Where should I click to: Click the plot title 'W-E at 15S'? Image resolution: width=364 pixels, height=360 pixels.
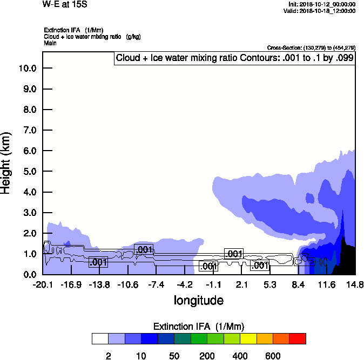[x=64, y=4]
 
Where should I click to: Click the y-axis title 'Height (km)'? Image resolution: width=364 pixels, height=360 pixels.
[x=6, y=162]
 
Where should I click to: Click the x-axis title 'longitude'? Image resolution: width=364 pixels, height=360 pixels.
[x=198, y=300]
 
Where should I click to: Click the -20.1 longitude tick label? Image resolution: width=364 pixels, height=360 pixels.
[x=43, y=284]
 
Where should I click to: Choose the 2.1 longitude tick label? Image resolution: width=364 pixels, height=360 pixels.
[x=242, y=284]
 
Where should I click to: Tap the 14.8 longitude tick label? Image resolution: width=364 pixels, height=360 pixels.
[x=355, y=284]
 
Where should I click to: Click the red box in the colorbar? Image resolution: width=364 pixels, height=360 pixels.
[x=298, y=338]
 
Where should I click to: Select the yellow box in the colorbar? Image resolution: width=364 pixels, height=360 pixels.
[x=248, y=338]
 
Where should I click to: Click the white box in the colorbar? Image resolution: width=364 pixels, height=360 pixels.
[x=100, y=338]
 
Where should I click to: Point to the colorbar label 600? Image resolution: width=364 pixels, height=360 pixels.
[x=273, y=356]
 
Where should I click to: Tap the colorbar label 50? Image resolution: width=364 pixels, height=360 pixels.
[x=174, y=356]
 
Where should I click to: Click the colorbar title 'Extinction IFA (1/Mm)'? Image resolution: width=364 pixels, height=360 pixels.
[x=199, y=327]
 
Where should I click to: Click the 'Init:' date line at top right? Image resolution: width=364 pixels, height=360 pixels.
[x=322, y=4]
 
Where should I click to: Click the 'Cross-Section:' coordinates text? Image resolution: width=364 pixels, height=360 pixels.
[x=311, y=48]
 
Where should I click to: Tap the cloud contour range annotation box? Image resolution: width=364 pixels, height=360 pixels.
[x=235, y=58]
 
